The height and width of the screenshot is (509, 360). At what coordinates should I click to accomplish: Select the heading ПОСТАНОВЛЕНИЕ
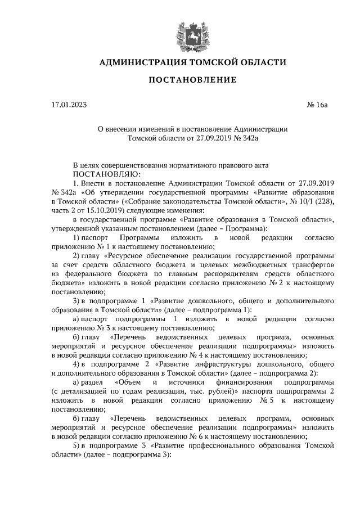(192, 80)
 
